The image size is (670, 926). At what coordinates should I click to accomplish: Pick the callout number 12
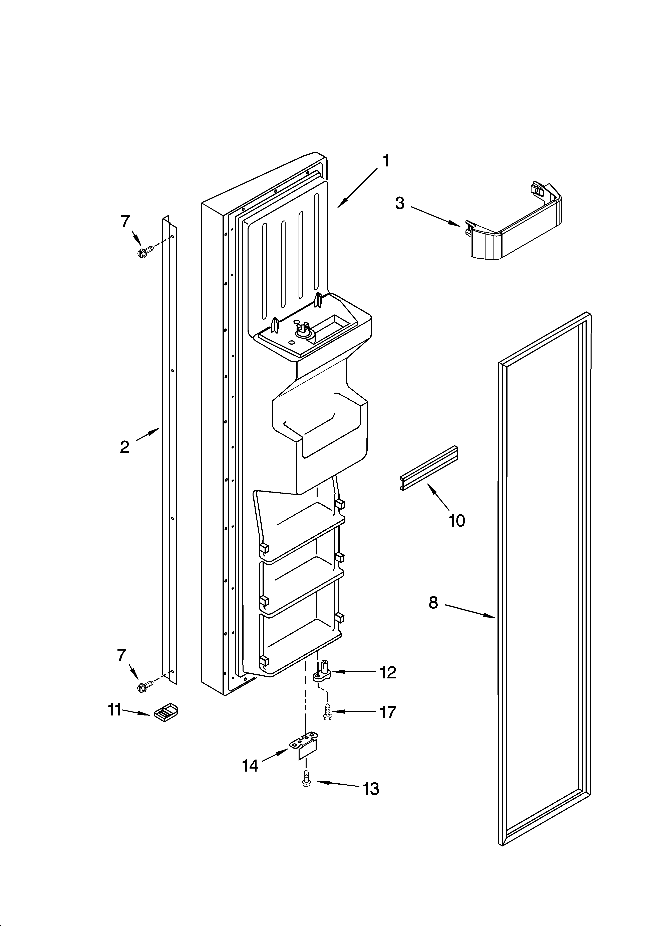388,672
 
